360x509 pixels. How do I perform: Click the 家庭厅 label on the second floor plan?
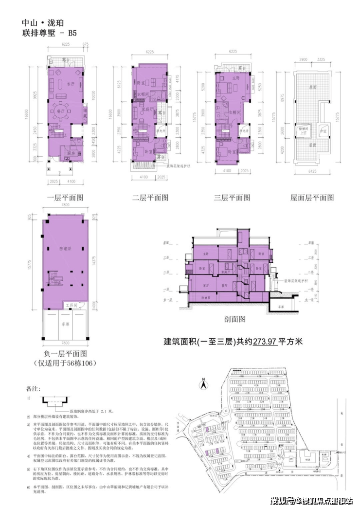143,110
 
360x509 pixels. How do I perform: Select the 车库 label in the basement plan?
65,323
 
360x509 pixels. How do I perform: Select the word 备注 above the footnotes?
31,389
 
